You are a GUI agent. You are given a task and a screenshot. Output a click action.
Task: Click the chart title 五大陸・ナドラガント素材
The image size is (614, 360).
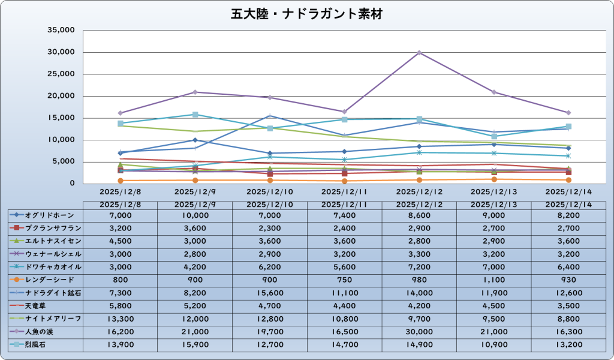(x=306, y=13)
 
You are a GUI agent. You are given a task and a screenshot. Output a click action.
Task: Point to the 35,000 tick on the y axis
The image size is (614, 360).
(x=61, y=30)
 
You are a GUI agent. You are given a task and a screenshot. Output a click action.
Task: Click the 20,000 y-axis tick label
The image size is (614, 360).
(x=61, y=96)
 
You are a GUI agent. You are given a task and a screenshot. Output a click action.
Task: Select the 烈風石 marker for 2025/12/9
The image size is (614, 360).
(x=195, y=115)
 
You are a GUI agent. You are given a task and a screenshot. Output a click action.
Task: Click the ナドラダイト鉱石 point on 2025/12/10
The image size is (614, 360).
(x=270, y=116)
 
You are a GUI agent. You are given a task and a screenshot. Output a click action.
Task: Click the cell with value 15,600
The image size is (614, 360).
(x=270, y=293)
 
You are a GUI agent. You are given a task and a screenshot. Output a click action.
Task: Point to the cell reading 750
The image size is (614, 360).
(x=344, y=280)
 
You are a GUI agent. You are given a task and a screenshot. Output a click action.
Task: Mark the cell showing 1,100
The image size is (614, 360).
(x=493, y=280)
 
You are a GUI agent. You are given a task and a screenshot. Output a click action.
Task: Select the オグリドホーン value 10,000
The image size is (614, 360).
(x=195, y=215)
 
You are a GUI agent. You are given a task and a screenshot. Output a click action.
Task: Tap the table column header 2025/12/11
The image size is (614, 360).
(x=344, y=205)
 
